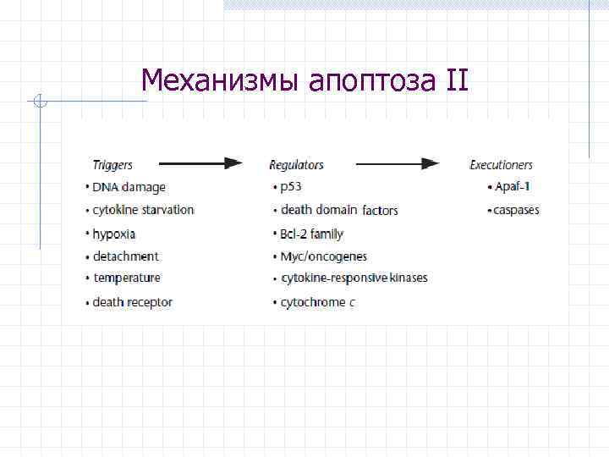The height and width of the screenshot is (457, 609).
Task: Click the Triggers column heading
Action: tap(112, 165)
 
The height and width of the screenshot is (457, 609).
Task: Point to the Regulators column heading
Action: tap(296, 165)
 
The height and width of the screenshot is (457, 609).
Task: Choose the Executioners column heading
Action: tap(501, 165)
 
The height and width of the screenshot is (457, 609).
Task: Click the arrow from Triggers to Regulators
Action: tap(200, 164)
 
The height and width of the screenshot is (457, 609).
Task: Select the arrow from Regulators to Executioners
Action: tap(397, 164)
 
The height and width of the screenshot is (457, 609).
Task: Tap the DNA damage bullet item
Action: tap(129, 187)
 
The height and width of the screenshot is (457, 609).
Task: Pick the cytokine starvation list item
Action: tap(143, 210)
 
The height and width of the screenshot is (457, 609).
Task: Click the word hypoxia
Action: tap(114, 234)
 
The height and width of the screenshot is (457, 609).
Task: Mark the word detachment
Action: tap(126, 256)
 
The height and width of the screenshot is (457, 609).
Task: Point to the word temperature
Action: tap(127, 278)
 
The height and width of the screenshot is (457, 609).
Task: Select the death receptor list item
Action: tap(133, 302)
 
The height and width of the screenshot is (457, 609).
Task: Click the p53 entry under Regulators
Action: tap(292, 187)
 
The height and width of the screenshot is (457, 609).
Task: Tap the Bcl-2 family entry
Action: tap(312, 234)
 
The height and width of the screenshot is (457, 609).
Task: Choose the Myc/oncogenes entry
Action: tap(324, 256)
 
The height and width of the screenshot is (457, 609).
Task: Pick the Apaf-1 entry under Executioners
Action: tap(513, 187)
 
